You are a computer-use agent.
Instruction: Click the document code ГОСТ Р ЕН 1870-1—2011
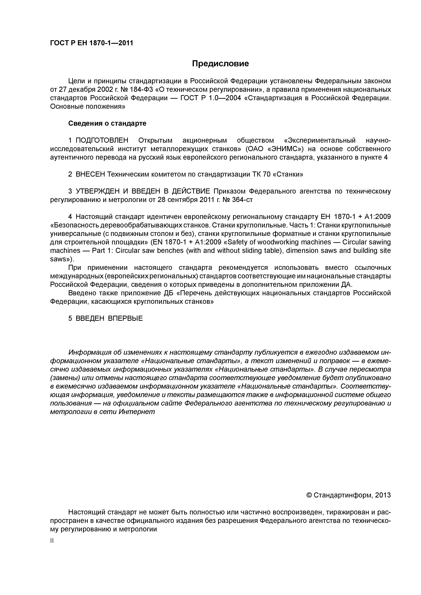tap(91, 43)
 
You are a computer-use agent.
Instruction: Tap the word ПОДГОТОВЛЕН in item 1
tap(102, 140)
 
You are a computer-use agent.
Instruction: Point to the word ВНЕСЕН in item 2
tap(90, 174)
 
